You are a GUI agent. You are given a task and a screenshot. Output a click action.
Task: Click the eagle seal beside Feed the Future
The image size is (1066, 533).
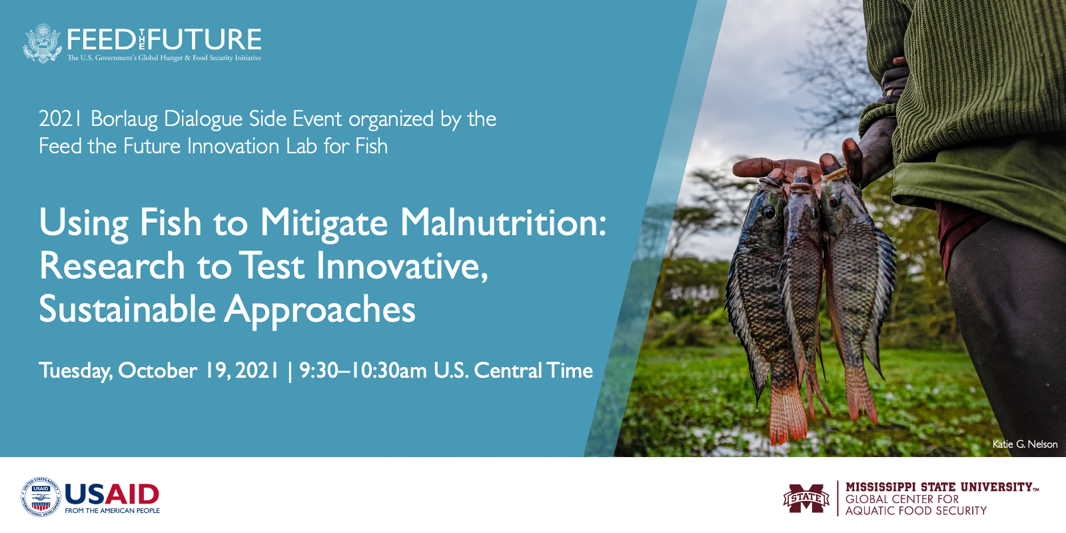tap(43, 43)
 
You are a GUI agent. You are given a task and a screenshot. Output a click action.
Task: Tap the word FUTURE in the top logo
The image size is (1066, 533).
tap(205, 39)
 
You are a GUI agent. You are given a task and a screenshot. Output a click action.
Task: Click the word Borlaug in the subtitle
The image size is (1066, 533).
tap(124, 119)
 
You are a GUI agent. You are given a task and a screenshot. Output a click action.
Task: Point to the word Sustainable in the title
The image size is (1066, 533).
tap(127, 310)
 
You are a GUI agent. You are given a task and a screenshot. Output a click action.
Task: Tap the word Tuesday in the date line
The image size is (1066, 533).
tap(76, 371)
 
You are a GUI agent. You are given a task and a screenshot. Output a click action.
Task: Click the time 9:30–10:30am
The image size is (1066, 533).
tap(362, 370)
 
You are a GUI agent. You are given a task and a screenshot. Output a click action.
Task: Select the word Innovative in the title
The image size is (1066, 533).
tap(402, 266)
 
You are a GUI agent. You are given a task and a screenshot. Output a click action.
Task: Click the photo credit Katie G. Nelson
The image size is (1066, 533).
tap(1025, 444)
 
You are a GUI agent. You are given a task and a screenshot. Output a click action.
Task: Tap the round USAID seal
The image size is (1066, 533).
tap(41, 497)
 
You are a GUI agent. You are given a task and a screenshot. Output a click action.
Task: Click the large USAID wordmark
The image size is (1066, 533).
tap(112, 494)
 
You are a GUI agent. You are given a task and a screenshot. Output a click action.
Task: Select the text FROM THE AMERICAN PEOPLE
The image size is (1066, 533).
tap(113, 511)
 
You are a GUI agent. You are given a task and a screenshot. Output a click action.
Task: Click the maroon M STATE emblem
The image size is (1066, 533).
tap(806, 498)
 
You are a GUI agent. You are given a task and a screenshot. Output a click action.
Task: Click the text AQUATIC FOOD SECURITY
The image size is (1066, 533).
tap(916, 511)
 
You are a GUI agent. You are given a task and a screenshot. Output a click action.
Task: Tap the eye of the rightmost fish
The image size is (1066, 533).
tap(834, 200)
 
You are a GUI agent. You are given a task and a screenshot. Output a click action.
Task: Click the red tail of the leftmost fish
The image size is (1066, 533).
tap(787, 413)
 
